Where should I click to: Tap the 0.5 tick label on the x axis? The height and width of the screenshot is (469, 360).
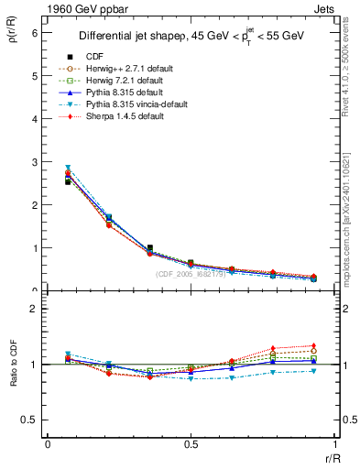[191, 444]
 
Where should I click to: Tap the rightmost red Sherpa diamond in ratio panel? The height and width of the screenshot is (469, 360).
[314, 345]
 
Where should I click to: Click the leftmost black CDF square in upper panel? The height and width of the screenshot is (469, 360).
[68, 182]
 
